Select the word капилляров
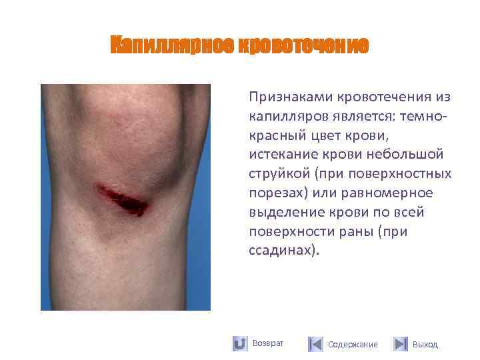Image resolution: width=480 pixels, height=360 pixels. click(283, 117)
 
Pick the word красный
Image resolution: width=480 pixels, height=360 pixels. click(276, 136)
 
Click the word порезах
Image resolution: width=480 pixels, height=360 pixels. click(277, 194)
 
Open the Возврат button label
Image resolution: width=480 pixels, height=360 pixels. click(268, 343)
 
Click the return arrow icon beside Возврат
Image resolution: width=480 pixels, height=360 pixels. click(240, 344)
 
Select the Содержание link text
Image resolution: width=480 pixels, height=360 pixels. click(353, 345)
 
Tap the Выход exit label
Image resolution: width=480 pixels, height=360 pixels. click(425, 345)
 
